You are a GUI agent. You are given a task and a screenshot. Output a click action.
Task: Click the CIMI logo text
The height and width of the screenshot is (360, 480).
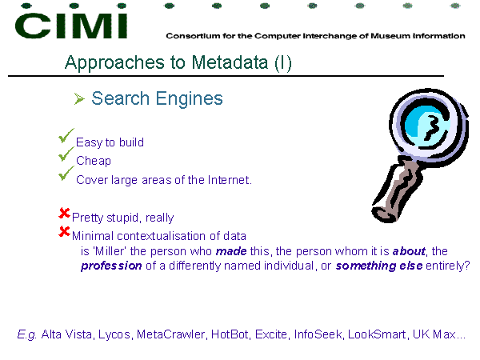click(x=71, y=26)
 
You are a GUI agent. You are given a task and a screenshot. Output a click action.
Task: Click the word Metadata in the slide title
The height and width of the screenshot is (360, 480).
click(x=230, y=62)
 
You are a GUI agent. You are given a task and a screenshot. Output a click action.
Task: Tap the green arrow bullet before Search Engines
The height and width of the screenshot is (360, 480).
click(x=79, y=98)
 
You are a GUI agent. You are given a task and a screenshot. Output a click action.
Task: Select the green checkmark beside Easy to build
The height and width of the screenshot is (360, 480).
click(x=66, y=136)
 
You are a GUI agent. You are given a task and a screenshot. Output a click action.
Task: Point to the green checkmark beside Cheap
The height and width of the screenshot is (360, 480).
click(x=66, y=154)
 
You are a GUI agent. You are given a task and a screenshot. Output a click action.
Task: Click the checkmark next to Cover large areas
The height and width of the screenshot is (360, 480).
click(x=66, y=174)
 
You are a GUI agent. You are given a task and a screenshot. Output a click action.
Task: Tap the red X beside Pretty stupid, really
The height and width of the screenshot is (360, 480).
click(x=64, y=213)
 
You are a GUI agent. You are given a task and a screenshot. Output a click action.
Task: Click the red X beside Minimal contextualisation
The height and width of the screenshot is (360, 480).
click(x=64, y=231)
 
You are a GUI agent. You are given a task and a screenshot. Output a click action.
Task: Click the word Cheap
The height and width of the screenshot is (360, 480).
click(x=94, y=161)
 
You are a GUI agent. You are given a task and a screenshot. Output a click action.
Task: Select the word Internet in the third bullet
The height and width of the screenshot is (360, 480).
click(x=228, y=180)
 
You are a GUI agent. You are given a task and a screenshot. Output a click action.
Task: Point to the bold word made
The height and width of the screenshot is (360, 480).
click(x=231, y=251)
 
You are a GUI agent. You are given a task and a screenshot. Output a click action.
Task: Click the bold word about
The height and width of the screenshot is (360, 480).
click(x=409, y=251)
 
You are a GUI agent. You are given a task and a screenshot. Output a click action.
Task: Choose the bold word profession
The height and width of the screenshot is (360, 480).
click(x=111, y=266)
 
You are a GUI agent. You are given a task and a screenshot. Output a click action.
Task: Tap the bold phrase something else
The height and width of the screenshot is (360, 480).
click(x=379, y=266)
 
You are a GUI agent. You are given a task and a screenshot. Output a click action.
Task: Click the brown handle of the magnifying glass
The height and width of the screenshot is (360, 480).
click(x=398, y=187)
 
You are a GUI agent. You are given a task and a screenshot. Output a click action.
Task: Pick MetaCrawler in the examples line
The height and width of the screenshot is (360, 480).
click(x=170, y=334)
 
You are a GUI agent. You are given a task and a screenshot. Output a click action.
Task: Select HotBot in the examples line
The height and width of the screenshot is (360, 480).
click(x=230, y=334)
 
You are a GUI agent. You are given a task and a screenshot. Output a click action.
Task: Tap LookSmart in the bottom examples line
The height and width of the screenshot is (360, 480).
click(x=377, y=334)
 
